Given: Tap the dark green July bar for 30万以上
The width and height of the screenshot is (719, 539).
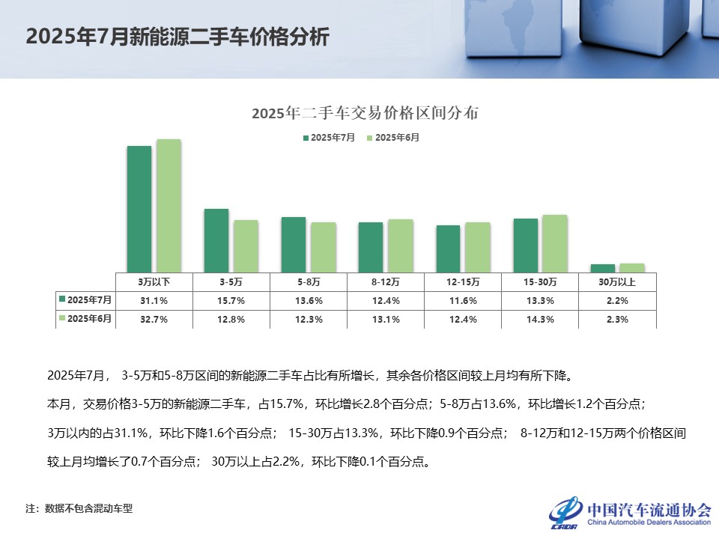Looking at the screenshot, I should (602, 267).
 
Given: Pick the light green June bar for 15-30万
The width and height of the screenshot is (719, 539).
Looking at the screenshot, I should (555, 243).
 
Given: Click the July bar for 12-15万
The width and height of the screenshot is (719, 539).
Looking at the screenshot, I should (448, 248).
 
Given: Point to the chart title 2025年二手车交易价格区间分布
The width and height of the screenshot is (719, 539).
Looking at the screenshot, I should (365, 114).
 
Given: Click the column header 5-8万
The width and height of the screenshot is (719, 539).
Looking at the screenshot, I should (308, 282).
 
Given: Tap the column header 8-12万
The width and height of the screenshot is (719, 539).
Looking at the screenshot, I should (385, 282).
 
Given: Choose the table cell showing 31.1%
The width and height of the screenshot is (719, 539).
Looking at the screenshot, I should (154, 300).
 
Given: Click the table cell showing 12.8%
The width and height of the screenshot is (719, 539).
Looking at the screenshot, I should (231, 319).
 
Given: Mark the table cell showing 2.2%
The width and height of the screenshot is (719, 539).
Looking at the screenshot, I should (616, 300).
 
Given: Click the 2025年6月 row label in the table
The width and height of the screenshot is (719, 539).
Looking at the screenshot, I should (89, 319).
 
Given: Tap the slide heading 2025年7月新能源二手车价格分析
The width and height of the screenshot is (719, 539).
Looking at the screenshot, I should (178, 37).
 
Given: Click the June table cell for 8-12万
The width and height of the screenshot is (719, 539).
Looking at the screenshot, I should (385, 319).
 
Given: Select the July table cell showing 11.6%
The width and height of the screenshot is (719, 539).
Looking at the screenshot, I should (462, 300).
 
